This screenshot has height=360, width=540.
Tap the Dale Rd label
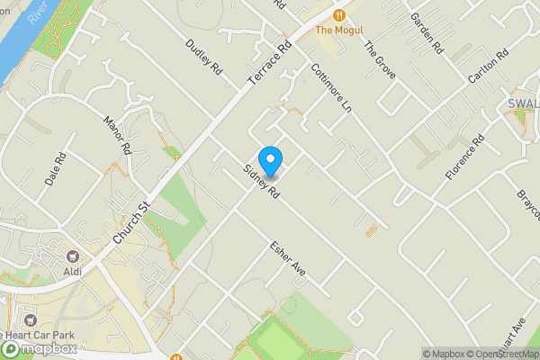[56, 171]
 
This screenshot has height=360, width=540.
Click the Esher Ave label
[288, 259]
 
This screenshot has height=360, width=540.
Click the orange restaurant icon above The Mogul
[338, 14]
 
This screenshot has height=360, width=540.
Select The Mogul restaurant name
[338, 31]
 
